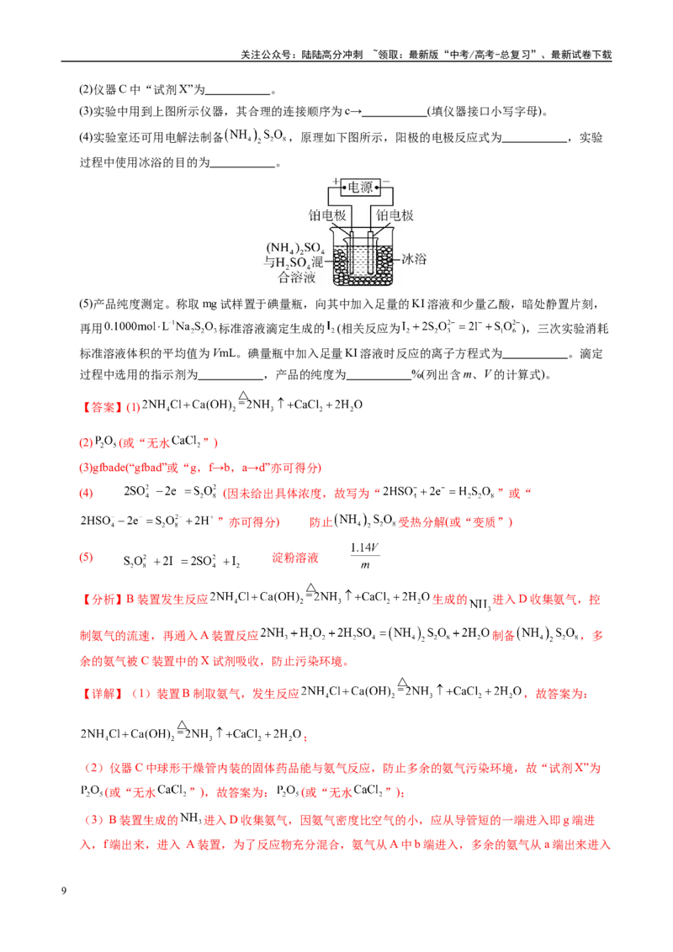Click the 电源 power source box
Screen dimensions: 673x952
(x=360, y=188)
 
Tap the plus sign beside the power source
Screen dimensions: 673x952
(x=336, y=182)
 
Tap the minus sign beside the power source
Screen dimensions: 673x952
(x=385, y=182)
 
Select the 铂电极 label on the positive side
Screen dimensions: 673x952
(x=326, y=215)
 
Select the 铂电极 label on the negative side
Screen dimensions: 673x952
(x=395, y=215)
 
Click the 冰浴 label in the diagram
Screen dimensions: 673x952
(x=414, y=259)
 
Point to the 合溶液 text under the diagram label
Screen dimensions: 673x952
(x=297, y=278)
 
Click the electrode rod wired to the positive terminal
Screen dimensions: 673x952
(x=351, y=254)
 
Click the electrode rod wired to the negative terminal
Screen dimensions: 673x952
(x=370, y=254)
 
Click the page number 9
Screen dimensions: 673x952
(x=64, y=891)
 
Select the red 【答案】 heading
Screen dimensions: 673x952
(x=102, y=407)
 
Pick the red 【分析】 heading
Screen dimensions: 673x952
(x=102, y=600)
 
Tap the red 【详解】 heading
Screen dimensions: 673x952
(x=102, y=693)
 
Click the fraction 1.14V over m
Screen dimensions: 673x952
(x=364, y=556)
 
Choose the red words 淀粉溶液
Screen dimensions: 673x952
(x=295, y=558)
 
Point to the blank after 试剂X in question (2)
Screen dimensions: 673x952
(x=238, y=92)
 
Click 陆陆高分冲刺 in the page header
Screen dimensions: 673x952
(x=332, y=55)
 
